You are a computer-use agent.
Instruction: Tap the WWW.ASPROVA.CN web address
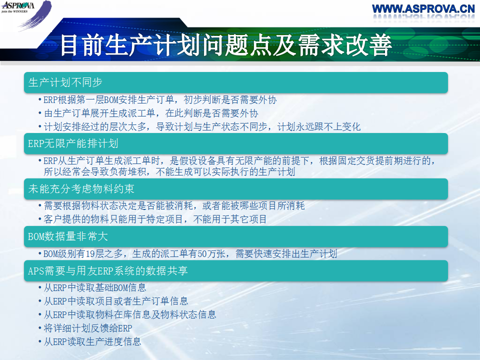click(423, 8)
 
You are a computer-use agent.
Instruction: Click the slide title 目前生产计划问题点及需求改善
click(226, 45)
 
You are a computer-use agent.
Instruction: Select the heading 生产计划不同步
click(65, 82)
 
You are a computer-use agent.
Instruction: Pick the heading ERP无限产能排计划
click(73, 143)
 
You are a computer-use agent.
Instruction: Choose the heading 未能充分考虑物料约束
click(81, 188)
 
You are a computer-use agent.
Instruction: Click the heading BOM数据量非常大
click(67, 236)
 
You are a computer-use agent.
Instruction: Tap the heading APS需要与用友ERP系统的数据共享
click(108, 270)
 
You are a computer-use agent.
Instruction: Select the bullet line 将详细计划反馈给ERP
click(88, 328)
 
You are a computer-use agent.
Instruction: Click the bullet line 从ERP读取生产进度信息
click(92, 341)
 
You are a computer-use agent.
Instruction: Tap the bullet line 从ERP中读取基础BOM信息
click(95, 288)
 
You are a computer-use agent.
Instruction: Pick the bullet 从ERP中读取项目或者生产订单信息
click(115, 301)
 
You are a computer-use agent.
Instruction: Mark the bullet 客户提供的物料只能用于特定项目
click(155, 219)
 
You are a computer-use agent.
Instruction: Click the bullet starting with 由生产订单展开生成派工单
click(151, 113)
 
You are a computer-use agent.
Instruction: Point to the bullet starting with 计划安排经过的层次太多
click(202, 126)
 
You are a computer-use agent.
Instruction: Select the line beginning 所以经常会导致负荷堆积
click(169, 171)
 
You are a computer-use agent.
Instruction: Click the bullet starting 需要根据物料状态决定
click(174, 205)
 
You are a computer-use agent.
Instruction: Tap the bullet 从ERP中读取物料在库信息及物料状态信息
click(130, 314)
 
